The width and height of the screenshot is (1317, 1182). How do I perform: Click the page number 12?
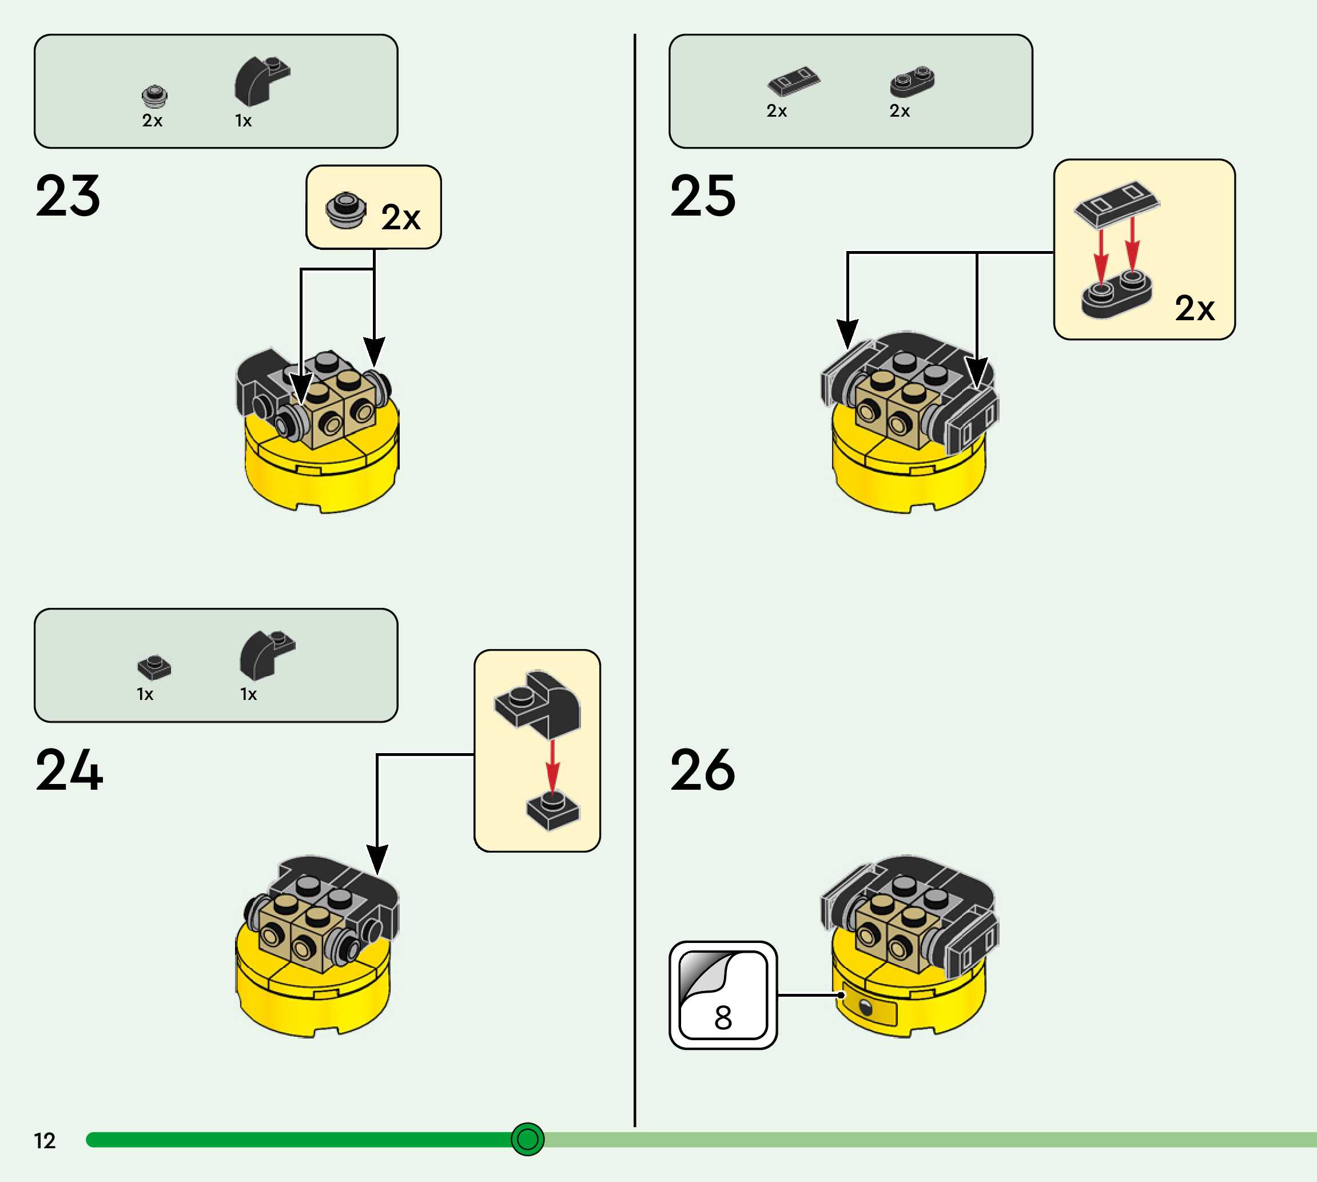(44, 1141)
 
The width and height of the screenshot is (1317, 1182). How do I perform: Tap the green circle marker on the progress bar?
(527, 1139)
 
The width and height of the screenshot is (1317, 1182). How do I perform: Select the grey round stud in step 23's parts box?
(154, 96)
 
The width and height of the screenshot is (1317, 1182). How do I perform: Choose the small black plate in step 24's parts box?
(154, 667)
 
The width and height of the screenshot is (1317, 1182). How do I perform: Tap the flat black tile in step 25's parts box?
(794, 81)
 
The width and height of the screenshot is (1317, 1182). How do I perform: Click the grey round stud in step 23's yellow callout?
(345, 209)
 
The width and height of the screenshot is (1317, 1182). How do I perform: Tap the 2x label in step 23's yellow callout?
(401, 217)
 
